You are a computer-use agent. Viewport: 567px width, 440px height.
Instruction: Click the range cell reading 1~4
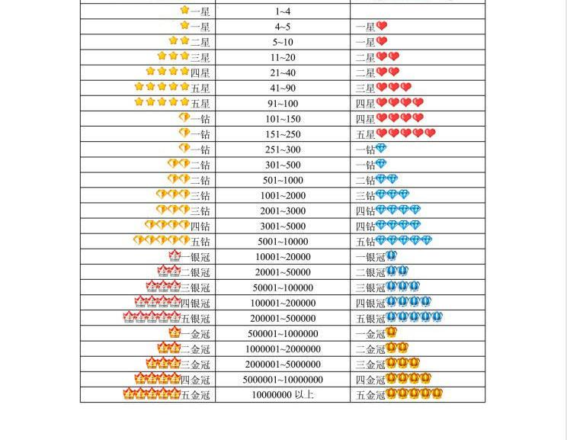point(283,11)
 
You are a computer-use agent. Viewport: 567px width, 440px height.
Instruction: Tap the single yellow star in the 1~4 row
point(184,11)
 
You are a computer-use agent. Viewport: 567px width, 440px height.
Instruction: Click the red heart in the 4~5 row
point(382,26)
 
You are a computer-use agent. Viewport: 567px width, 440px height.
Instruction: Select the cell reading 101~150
point(283,119)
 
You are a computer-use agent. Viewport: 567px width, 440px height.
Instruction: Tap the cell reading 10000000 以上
point(283,395)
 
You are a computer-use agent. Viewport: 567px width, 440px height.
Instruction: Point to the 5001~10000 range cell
point(283,242)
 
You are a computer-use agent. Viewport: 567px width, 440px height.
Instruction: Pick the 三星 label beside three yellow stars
point(200,57)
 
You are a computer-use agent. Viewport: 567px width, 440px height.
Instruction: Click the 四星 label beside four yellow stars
point(200,72)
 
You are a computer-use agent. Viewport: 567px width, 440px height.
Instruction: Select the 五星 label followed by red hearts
point(366,134)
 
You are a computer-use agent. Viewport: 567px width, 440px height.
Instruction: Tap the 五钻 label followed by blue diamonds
point(366,242)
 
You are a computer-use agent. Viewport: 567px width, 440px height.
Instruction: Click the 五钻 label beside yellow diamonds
point(200,242)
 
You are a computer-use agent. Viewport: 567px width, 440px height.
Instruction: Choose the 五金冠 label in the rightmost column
point(370,395)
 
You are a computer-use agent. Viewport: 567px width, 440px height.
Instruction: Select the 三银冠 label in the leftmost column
point(195,288)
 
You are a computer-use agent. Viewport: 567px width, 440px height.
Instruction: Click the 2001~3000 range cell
point(283,211)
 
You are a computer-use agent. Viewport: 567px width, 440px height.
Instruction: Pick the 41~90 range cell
point(283,88)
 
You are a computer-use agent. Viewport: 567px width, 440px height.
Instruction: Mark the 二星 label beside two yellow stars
point(200,42)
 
